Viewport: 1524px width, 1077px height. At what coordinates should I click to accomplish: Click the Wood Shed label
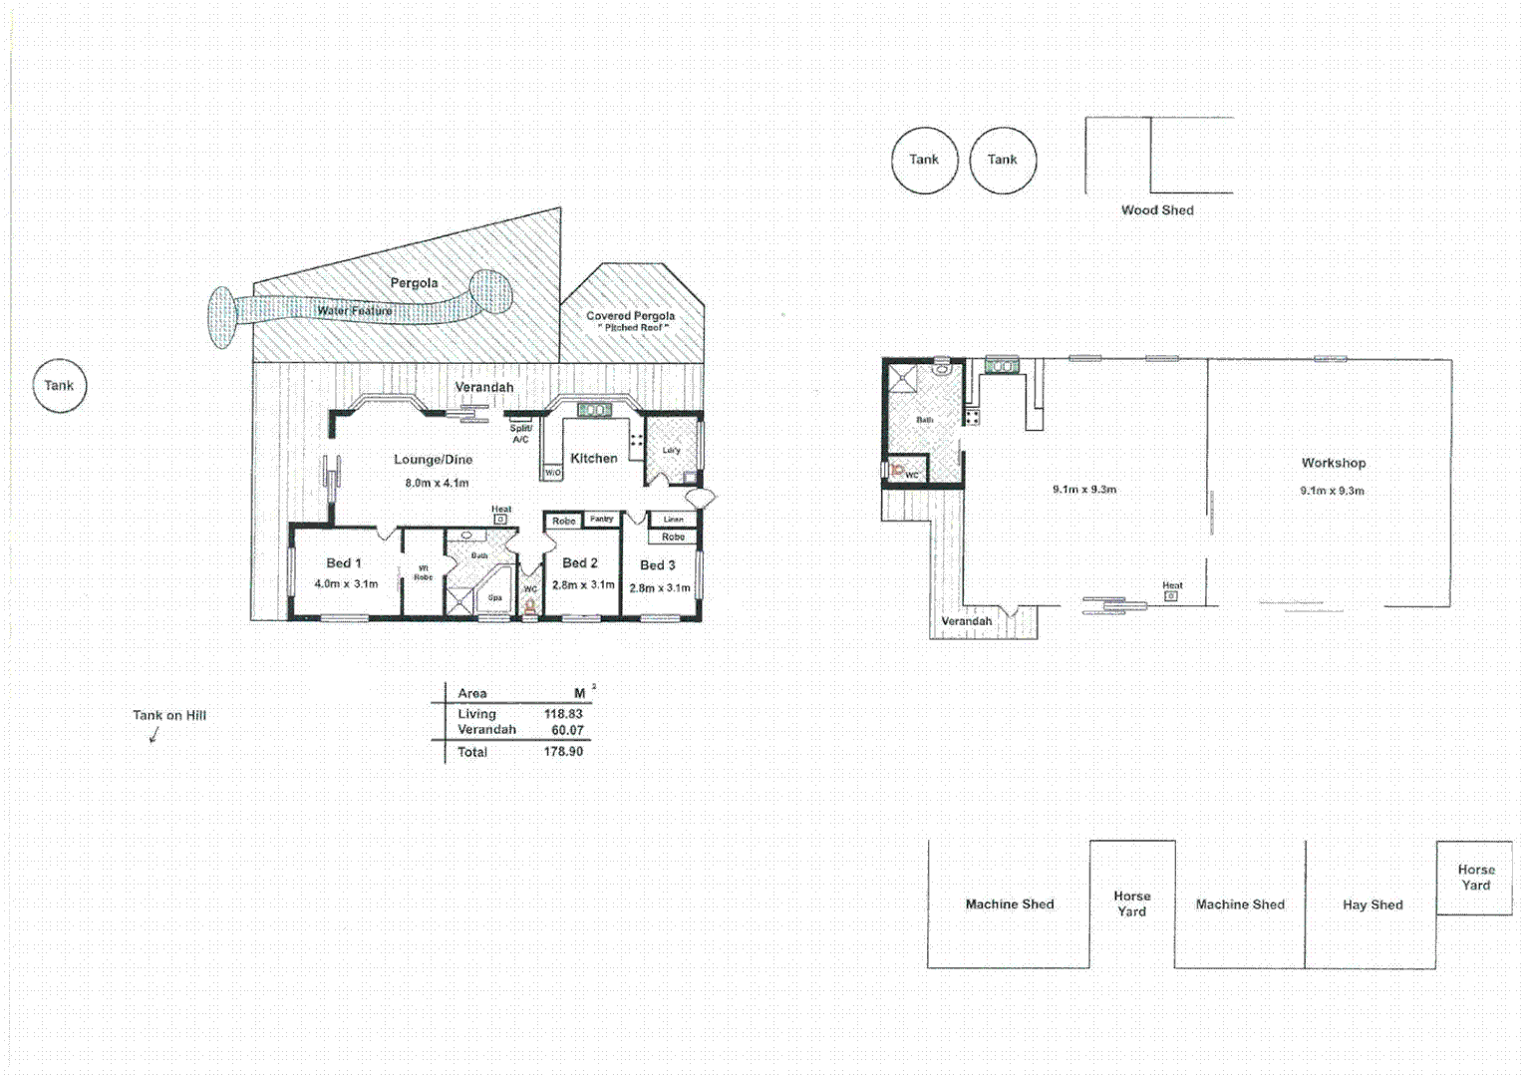click(1156, 210)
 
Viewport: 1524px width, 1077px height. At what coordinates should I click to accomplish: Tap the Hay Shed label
click(1372, 905)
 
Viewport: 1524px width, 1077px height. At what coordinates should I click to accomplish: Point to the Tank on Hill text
click(169, 715)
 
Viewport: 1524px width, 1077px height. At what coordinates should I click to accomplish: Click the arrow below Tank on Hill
click(153, 735)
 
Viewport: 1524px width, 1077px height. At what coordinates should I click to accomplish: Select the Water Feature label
click(354, 311)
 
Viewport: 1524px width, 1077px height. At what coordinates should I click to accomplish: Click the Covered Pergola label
click(630, 316)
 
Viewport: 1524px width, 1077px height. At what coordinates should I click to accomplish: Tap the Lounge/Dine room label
click(433, 460)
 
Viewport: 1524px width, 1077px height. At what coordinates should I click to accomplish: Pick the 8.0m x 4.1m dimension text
click(437, 484)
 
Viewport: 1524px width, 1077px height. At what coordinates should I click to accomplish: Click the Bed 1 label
click(344, 563)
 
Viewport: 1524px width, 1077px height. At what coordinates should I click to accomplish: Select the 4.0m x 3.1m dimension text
click(346, 584)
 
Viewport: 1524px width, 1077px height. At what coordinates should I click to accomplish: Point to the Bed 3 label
click(657, 565)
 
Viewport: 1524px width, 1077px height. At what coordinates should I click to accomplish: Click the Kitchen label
click(593, 459)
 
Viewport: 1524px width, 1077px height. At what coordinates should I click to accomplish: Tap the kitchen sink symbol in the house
click(594, 410)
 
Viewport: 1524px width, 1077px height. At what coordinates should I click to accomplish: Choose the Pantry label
click(601, 520)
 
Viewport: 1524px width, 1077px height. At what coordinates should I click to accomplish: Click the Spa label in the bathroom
click(494, 598)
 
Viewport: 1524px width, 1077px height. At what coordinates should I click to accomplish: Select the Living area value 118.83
click(563, 714)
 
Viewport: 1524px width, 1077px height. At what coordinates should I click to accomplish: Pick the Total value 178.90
click(563, 752)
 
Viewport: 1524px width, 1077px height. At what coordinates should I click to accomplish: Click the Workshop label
click(1333, 464)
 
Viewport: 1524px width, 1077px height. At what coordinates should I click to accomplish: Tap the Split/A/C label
click(520, 434)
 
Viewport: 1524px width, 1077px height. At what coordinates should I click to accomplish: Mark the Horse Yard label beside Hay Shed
click(1475, 878)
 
